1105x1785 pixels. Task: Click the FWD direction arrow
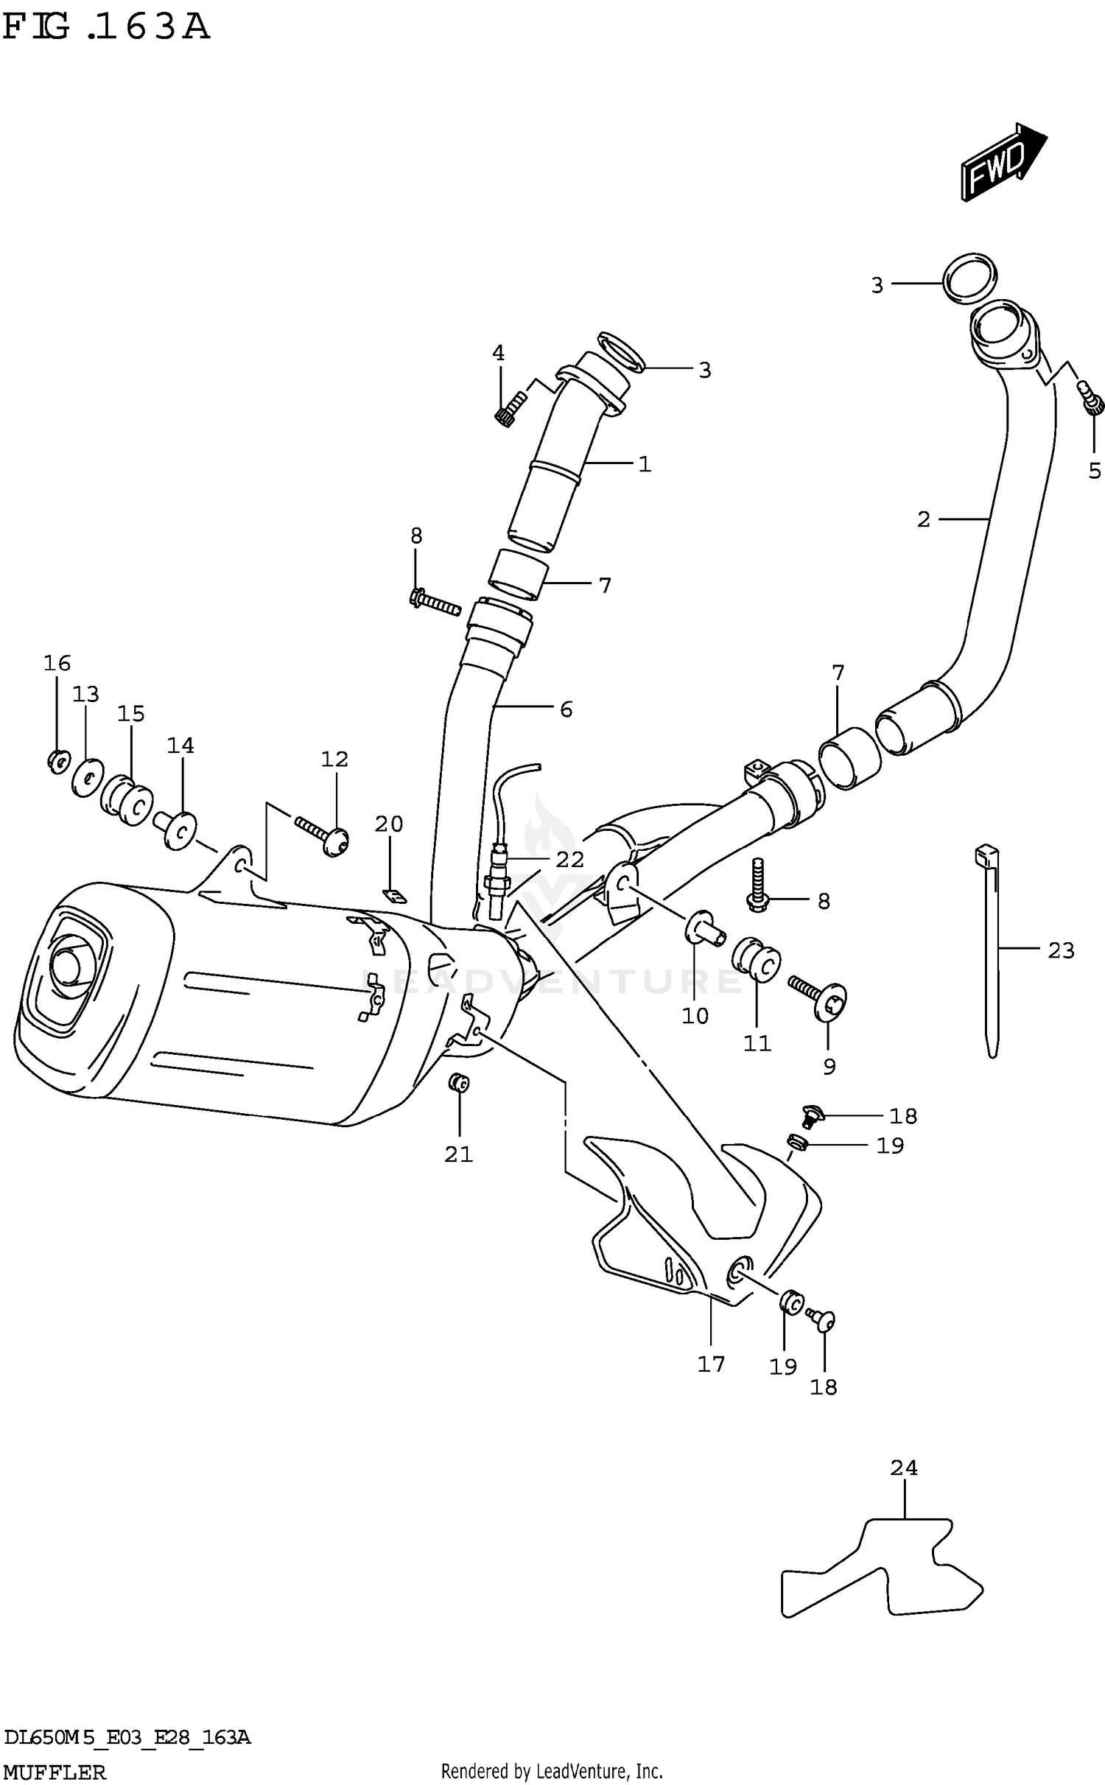(x=1002, y=164)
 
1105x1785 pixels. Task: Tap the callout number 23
(x=1061, y=951)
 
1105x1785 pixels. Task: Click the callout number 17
(x=711, y=1364)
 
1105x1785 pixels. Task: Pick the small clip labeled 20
(x=395, y=896)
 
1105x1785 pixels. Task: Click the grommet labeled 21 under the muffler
(x=459, y=1082)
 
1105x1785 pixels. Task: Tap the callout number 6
(x=565, y=709)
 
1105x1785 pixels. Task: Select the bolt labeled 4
(x=510, y=410)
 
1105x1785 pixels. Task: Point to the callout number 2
(x=923, y=520)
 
